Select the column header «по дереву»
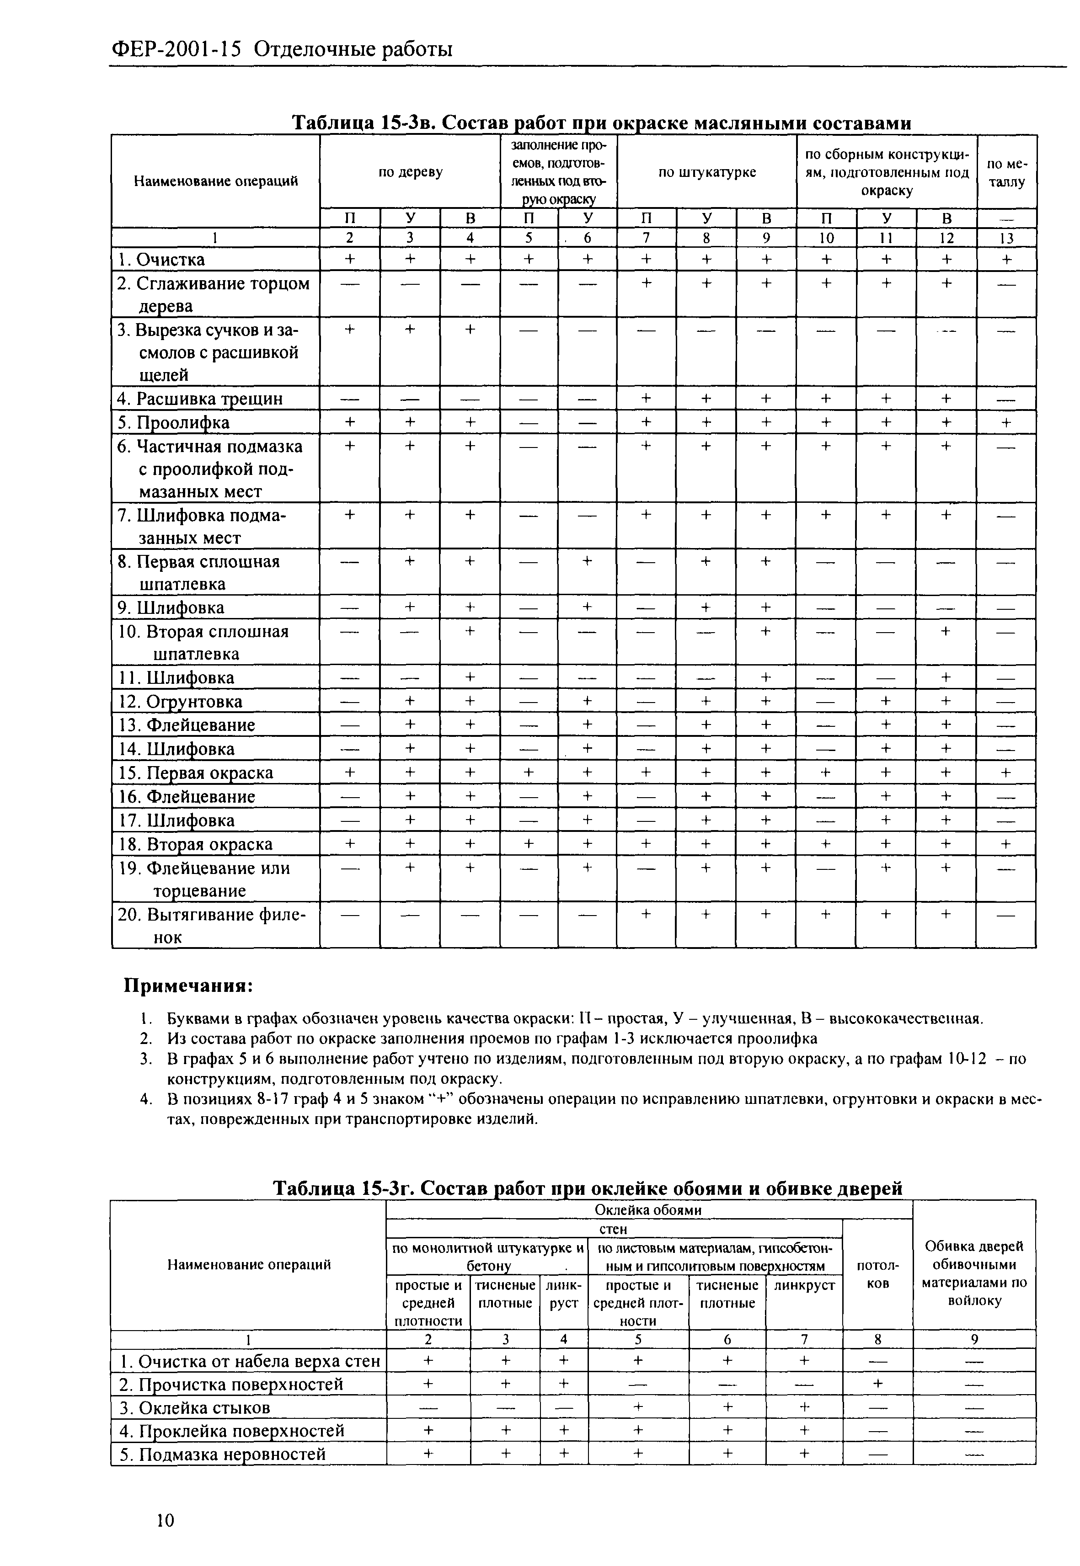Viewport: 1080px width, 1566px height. coord(410,172)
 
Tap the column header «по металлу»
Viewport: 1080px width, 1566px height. coord(1006,172)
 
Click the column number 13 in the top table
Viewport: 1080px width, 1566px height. coord(1006,238)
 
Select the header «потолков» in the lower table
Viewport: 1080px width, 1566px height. coord(877,1274)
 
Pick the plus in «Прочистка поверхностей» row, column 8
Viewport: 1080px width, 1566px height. coord(877,1384)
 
